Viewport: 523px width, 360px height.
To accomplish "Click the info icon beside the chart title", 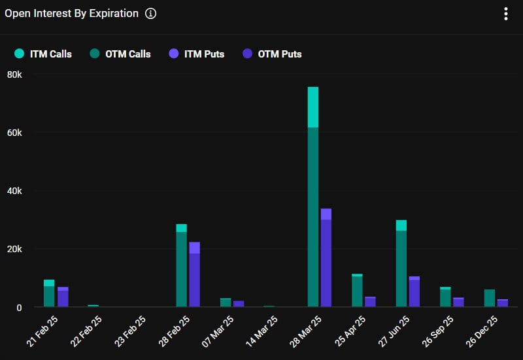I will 151,14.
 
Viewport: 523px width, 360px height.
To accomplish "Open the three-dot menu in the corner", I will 506,14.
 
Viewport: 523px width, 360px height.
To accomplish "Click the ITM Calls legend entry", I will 44,54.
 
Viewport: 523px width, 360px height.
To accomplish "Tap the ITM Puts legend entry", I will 197,54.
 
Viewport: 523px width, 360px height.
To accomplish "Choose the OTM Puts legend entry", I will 272,54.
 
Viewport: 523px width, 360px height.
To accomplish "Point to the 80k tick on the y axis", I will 14,74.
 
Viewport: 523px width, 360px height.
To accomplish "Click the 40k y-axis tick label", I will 14,191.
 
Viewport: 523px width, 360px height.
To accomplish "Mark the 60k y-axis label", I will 14,133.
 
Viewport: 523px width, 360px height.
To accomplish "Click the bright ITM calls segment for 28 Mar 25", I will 313,107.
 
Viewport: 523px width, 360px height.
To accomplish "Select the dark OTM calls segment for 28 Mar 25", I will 313,216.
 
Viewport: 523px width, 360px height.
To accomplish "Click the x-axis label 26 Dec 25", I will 484,329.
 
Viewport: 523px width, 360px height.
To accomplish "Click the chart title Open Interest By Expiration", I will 72,14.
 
